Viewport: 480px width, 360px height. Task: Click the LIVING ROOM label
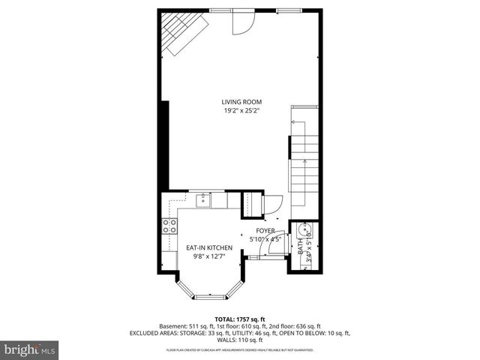click(x=241, y=102)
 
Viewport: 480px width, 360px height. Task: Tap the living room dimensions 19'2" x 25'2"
click(x=241, y=111)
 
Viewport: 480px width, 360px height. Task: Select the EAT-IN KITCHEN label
click(x=209, y=247)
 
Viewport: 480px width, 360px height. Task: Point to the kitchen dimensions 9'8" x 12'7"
click(x=209, y=256)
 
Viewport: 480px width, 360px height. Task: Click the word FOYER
click(x=265, y=231)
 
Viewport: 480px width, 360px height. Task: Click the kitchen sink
click(x=202, y=199)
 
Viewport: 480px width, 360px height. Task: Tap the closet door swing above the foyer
click(x=274, y=202)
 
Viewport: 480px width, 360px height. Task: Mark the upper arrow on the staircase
click(x=305, y=122)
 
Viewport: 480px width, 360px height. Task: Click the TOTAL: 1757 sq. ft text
click(x=240, y=319)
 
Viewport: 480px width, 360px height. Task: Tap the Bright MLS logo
click(x=29, y=349)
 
